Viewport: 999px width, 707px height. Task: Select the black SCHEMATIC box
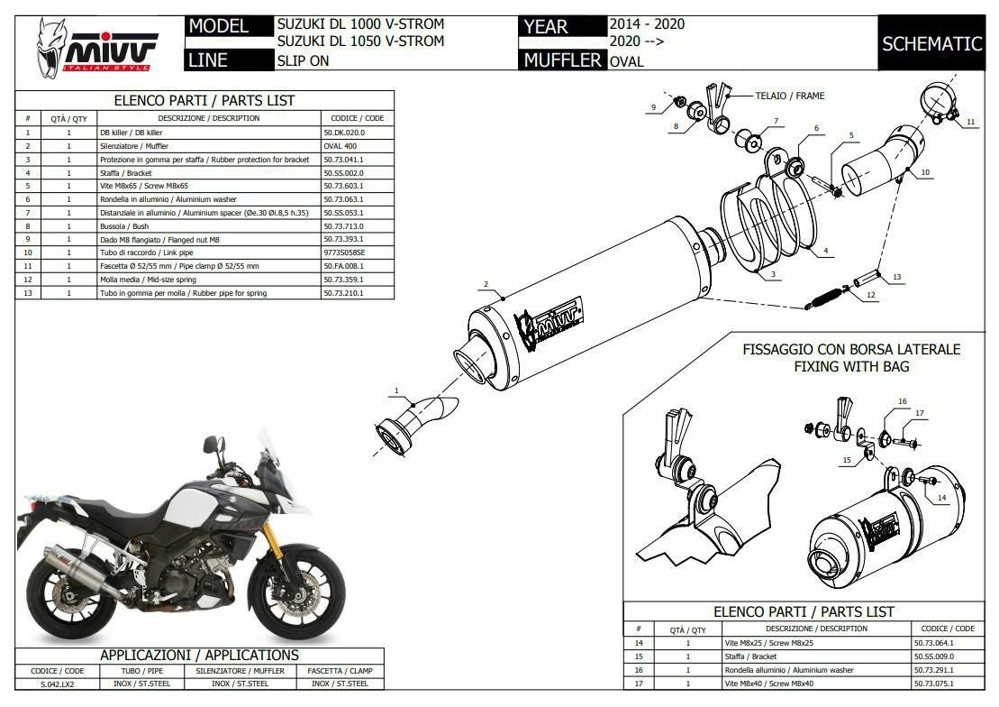(931, 43)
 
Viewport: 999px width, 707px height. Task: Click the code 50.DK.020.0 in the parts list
(344, 133)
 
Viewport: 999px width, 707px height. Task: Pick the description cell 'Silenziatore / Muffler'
(134, 146)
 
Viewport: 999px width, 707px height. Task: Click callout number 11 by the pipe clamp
(970, 121)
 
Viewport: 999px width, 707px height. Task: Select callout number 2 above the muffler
(486, 285)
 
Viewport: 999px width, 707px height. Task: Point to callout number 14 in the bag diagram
(941, 497)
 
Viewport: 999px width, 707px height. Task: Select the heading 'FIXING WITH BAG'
(851, 366)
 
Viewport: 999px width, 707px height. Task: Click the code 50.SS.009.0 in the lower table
(934, 656)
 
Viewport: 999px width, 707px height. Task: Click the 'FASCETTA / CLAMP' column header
(340, 670)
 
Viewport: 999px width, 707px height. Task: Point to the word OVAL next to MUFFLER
(626, 61)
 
